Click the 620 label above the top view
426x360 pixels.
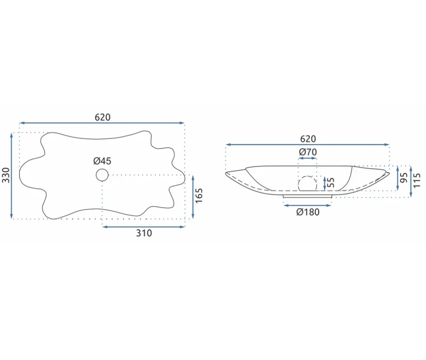(x=103, y=117)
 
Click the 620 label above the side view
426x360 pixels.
(x=308, y=139)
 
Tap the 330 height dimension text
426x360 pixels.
(x=6, y=175)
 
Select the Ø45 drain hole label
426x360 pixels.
(x=102, y=161)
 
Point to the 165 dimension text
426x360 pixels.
(x=199, y=196)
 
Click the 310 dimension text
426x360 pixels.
(x=144, y=233)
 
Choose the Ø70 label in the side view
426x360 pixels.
(x=308, y=152)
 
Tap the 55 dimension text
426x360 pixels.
(x=331, y=182)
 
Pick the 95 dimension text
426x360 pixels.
(x=404, y=178)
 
